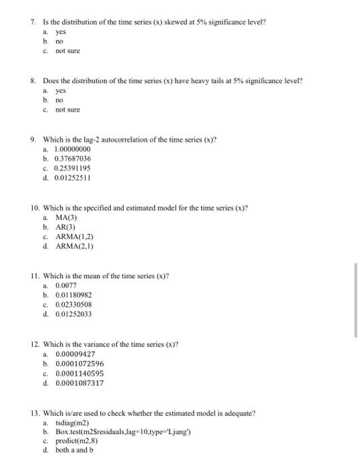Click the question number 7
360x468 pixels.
[33, 22]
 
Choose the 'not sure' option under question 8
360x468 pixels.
[67, 110]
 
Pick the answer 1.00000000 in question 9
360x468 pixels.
[72, 150]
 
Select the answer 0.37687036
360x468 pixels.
[72, 159]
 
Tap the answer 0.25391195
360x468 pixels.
[72, 168]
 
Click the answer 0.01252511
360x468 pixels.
[72, 179]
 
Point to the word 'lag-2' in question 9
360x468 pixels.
[81, 139]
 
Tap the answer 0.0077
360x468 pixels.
[66, 285]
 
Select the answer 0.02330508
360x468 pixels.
[73, 304]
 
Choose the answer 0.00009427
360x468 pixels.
[75, 354]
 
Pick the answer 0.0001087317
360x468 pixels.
[79, 383]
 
